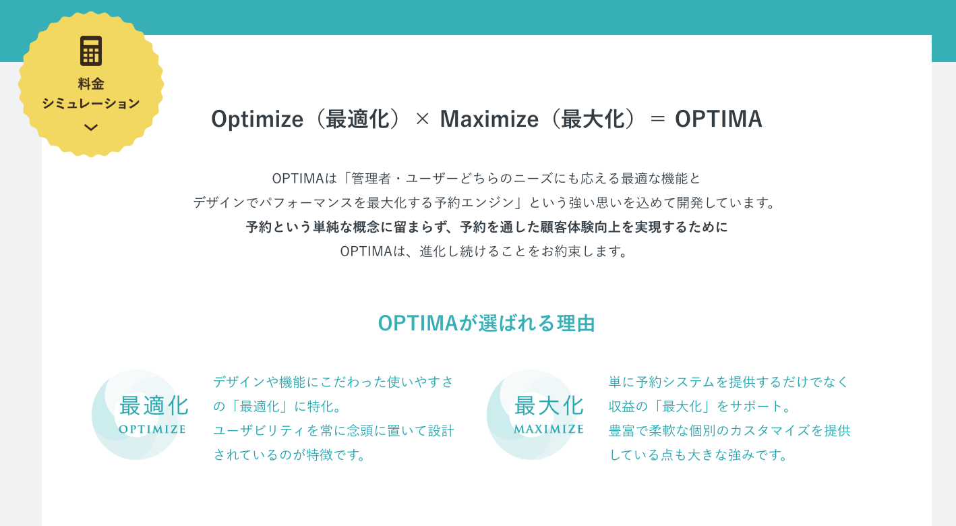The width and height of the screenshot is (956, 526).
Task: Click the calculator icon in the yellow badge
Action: [91, 51]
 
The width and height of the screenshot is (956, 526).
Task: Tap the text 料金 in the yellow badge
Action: [91, 84]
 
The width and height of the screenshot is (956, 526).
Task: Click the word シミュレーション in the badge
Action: [91, 103]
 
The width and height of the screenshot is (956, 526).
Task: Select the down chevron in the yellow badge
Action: [91, 127]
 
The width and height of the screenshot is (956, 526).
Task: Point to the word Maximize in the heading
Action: [489, 119]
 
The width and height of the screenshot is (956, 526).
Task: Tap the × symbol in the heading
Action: [422, 119]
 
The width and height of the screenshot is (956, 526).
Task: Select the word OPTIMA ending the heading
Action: [718, 119]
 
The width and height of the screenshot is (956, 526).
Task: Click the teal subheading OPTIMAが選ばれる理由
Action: [486, 323]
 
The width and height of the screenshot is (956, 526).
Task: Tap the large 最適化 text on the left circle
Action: [154, 406]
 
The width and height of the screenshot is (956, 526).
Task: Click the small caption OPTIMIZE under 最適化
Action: [152, 429]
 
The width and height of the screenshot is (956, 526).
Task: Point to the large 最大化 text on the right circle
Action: [549, 406]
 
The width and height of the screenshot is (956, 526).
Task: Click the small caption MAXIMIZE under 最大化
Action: [549, 429]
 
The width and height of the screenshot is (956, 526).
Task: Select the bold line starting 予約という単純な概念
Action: [487, 227]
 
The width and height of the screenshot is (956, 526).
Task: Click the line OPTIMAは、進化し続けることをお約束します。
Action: [484, 252]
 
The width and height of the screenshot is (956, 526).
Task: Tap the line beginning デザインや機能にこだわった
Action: [334, 382]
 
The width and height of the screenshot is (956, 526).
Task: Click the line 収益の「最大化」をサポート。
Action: [700, 407]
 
